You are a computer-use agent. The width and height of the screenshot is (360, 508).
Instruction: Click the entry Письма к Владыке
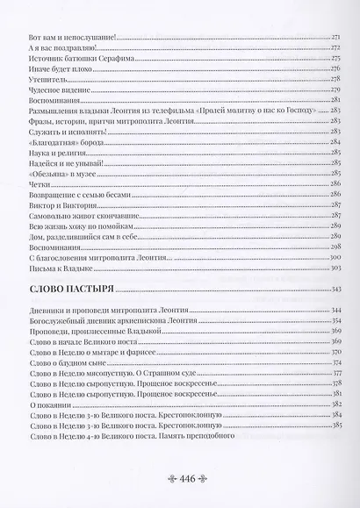(60, 268)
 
